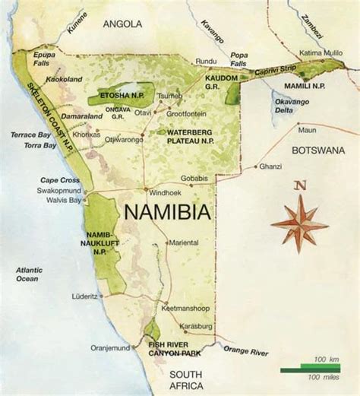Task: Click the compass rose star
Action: [x=300, y=223]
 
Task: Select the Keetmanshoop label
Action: [x=185, y=309]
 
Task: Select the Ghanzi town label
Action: [x=270, y=166]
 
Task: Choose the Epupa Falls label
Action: [x=46, y=59]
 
